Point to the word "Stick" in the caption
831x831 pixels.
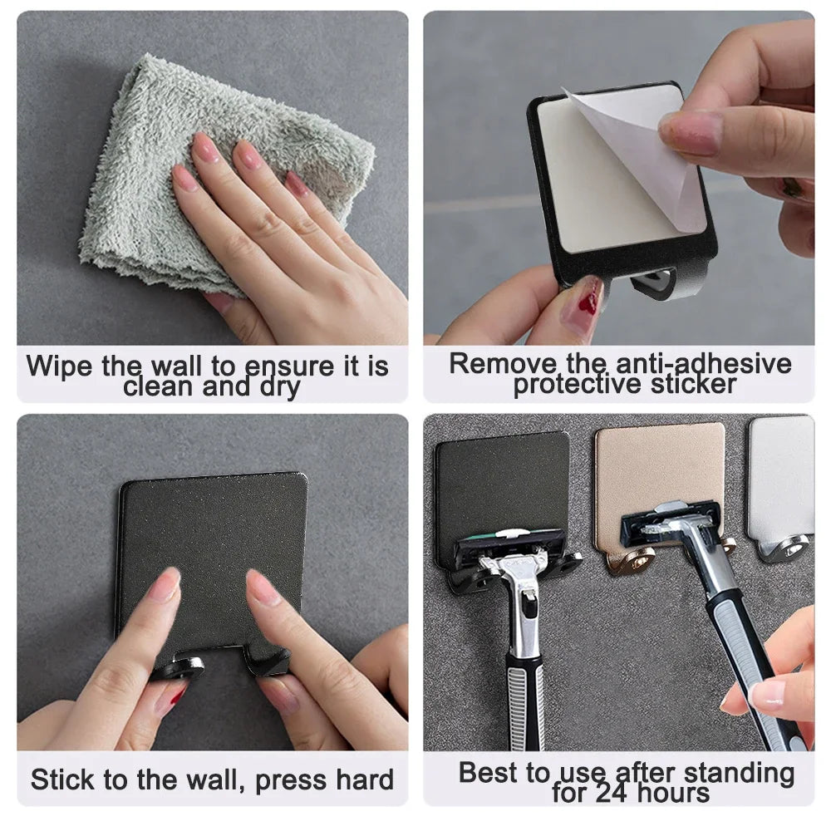tap(63, 779)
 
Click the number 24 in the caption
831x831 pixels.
tap(616, 792)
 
